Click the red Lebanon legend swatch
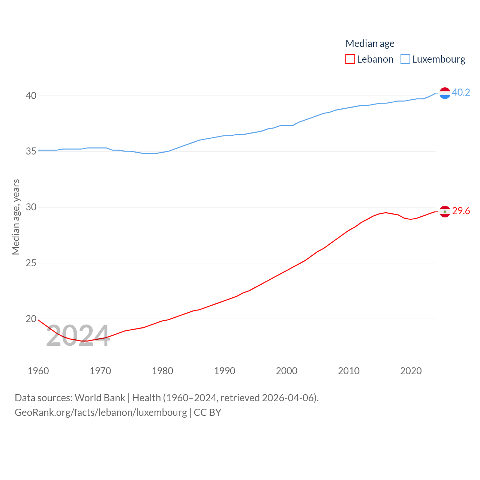(x=350, y=59)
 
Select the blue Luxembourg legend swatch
(x=405, y=59)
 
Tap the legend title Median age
(x=370, y=43)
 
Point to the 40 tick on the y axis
(x=31, y=96)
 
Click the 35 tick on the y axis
(x=31, y=151)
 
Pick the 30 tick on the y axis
(x=31, y=207)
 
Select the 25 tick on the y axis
(x=31, y=263)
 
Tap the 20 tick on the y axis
(x=31, y=319)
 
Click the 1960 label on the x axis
(x=38, y=371)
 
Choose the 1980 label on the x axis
(x=162, y=371)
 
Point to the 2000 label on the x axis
(x=286, y=371)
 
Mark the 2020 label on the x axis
(x=411, y=371)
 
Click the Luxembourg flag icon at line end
(x=445, y=93)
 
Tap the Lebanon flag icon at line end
(x=445, y=211)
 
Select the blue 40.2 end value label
(x=461, y=92)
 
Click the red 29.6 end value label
(x=461, y=211)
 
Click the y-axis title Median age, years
(x=16, y=217)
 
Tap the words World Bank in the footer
(x=100, y=398)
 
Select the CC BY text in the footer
(x=207, y=412)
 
